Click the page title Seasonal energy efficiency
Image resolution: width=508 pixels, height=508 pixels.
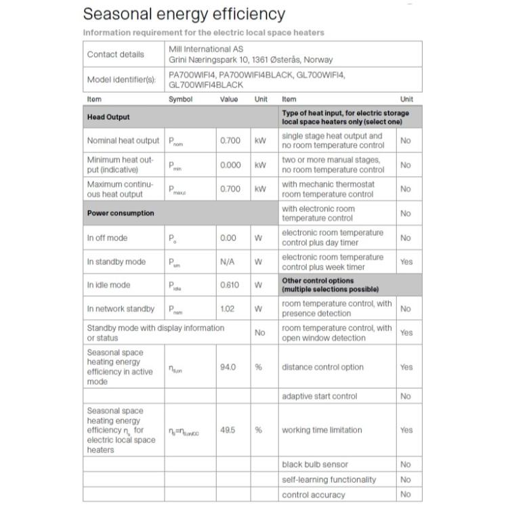click(184, 14)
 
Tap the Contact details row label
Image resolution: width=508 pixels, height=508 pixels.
click(116, 54)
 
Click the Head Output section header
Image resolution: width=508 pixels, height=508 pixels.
click(108, 117)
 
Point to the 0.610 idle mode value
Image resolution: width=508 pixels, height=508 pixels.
click(230, 285)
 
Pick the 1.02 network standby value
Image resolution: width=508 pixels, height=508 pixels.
click(228, 309)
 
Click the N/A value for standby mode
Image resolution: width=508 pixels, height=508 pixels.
click(228, 261)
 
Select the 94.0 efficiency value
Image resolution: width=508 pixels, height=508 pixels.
click(228, 367)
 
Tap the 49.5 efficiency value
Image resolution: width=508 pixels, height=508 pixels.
click(228, 430)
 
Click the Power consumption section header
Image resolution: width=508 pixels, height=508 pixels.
click(121, 213)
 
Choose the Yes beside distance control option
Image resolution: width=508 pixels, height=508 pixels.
click(406, 367)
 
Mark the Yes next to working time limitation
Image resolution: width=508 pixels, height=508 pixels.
click(406, 430)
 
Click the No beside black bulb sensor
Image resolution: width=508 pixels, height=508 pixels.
click(406, 465)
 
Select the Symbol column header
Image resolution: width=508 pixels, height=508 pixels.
click(180, 100)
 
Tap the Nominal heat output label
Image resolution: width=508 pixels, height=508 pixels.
click(123, 141)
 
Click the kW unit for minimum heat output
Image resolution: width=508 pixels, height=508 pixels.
click(260, 165)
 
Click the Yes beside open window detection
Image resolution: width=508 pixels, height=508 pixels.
click(406, 333)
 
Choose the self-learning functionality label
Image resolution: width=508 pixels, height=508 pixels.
click(329, 480)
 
